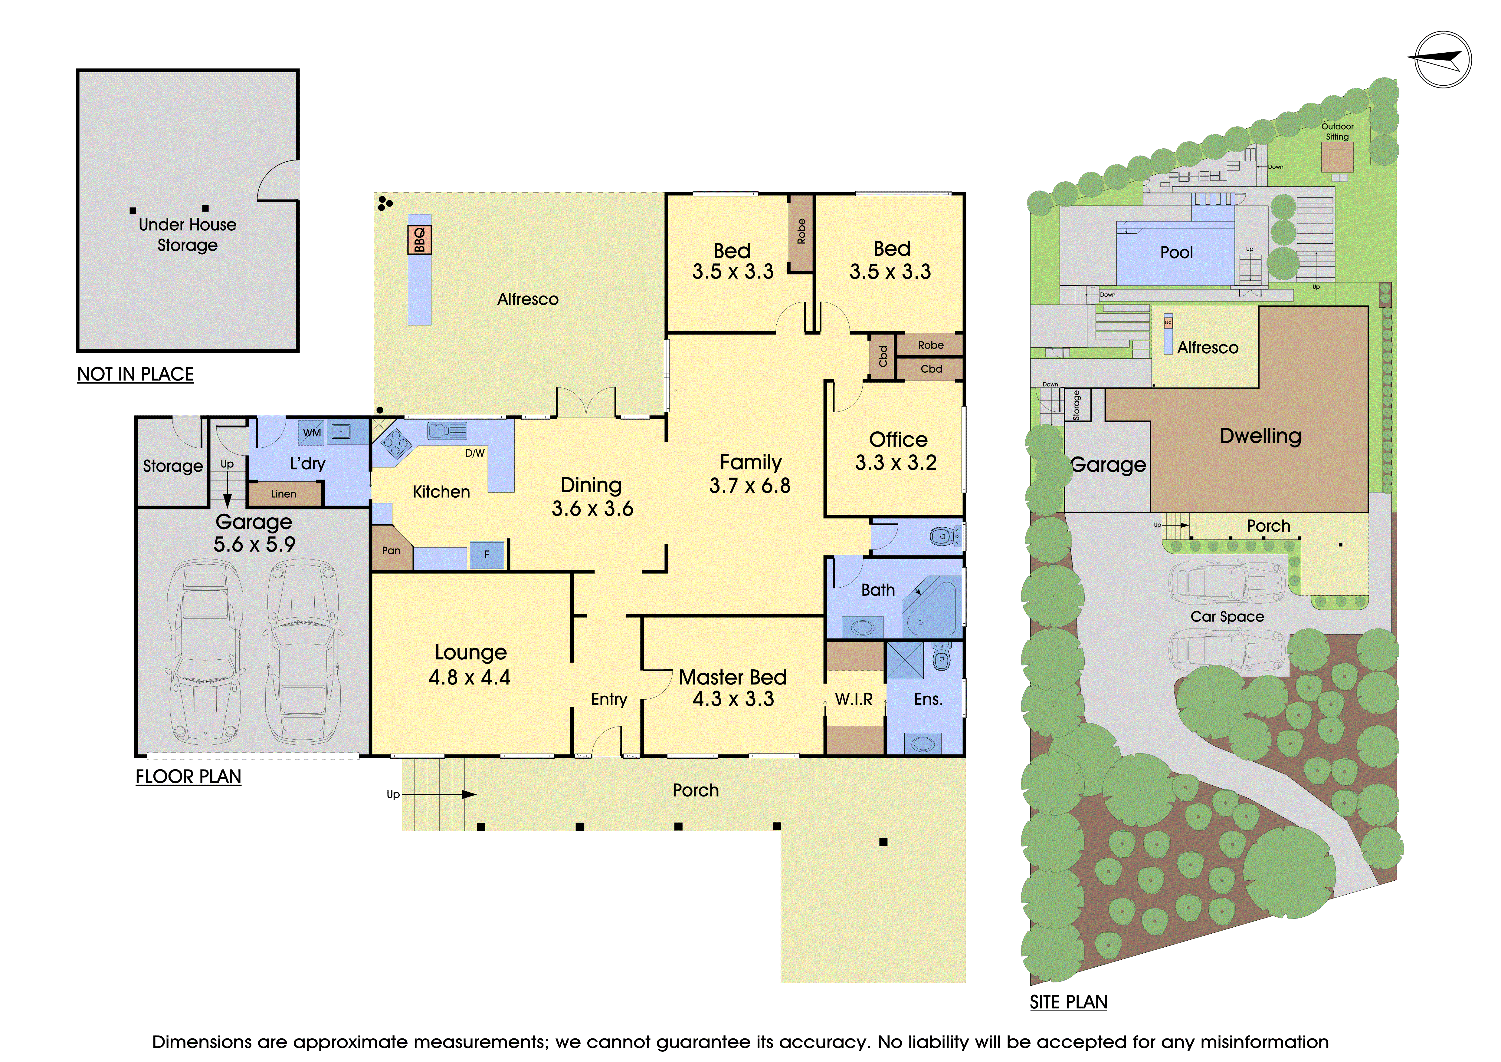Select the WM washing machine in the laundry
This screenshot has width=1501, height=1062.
point(312,432)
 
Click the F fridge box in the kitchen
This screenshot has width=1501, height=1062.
point(487,555)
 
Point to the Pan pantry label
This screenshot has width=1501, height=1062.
point(391,551)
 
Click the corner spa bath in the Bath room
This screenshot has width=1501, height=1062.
point(932,607)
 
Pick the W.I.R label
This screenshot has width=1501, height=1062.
point(854,699)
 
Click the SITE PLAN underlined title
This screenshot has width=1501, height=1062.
point(1068,1002)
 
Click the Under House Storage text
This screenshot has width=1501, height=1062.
point(188,235)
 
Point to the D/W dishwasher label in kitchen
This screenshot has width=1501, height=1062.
point(475,453)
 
